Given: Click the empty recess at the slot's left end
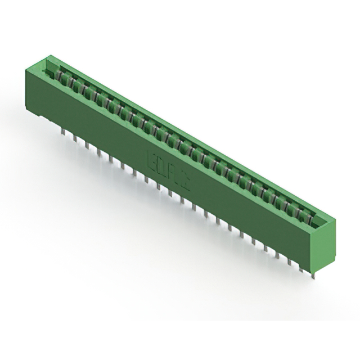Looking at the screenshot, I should pyautogui.click(x=52, y=72).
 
